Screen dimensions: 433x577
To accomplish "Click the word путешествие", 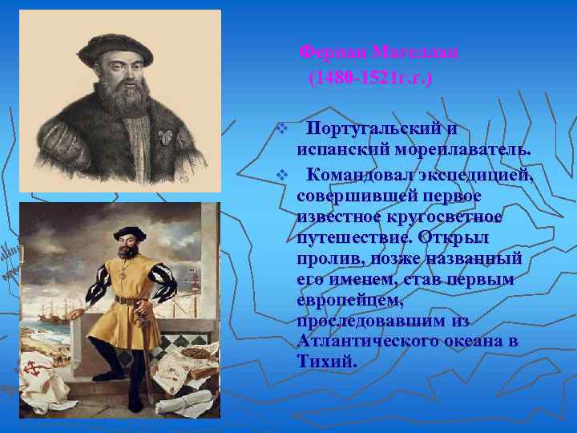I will click(x=350, y=238).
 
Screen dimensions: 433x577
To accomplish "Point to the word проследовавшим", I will click(x=369, y=320).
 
